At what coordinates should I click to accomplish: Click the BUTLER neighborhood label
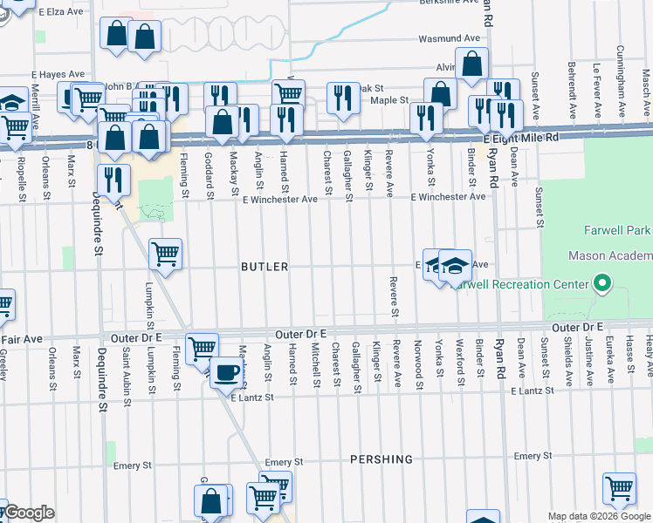(x=265, y=267)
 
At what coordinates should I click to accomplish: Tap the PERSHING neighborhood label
(x=381, y=459)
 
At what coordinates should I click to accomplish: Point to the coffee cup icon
(x=228, y=373)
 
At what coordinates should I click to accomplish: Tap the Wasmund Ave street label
(x=450, y=39)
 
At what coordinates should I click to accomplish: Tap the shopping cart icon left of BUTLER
(x=165, y=255)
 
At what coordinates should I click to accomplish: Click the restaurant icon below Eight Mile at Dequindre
(x=113, y=180)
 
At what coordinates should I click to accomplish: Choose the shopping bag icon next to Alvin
(x=471, y=65)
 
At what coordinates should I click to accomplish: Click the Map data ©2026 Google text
(x=599, y=516)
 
